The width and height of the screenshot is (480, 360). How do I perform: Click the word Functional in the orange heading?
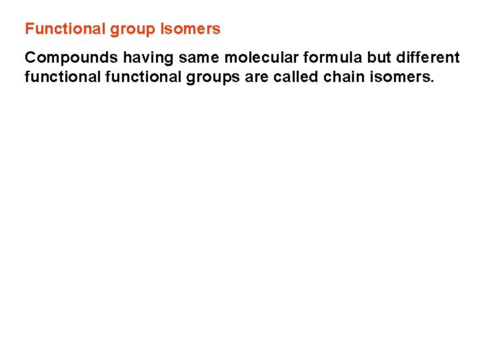point(57,29)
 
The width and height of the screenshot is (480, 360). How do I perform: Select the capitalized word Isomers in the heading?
point(191,29)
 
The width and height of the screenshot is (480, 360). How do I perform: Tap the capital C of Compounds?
point(30,58)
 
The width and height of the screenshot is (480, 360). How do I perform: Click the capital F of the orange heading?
point(29,29)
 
